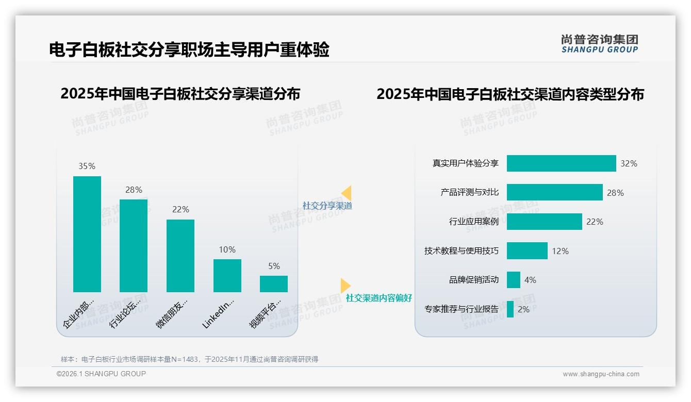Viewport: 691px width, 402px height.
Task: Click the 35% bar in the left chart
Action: [x=87, y=234]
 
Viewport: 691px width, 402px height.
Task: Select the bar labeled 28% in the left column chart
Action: [x=134, y=246]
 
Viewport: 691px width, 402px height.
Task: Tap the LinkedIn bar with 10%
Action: [x=227, y=276]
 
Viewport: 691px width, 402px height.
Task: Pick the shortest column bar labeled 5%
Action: [x=274, y=284]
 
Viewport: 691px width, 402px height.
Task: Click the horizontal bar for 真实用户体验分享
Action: [x=561, y=163]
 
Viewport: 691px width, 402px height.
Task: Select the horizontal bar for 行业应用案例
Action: [x=544, y=222]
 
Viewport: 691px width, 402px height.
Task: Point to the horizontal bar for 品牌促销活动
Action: [x=514, y=280]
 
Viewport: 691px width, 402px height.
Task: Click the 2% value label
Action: [x=523, y=309]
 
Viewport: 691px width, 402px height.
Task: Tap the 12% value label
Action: [x=560, y=251]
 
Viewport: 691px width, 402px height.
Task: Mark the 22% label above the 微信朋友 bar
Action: [x=180, y=209]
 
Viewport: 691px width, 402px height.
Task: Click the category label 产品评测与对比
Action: [x=469, y=192]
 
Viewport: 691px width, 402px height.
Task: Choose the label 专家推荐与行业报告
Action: [x=462, y=309]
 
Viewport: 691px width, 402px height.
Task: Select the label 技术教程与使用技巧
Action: [x=462, y=251]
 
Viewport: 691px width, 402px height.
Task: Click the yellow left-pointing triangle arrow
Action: [x=347, y=193]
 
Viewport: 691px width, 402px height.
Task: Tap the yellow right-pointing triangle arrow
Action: [x=345, y=285]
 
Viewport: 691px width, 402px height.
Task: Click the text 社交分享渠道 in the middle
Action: [x=327, y=206]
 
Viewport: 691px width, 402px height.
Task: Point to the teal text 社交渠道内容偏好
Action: [x=379, y=298]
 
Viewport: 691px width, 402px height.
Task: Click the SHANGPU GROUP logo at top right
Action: [x=599, y=44]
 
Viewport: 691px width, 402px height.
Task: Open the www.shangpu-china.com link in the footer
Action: [x=601, y=374]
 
